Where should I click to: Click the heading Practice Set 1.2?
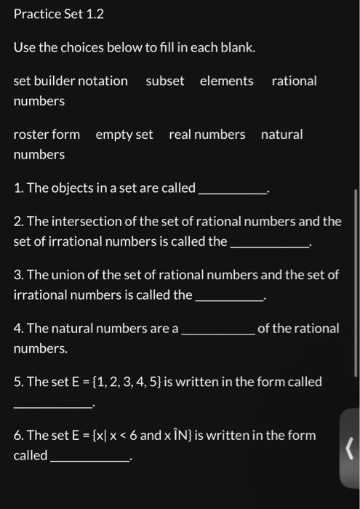(x=59, y=14)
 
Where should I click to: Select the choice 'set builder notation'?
(x=71, y=81)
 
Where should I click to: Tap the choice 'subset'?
(x=165, y=81)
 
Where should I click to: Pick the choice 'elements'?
(x=227, y=81)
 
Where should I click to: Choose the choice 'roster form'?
(x=47, y=135)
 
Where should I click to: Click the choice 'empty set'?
(x=124, y=135)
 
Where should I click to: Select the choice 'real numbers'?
(x=207, y=135)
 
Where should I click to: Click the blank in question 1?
(x=233, y=193)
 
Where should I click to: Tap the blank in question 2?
(x=269, y=247)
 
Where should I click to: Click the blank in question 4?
(x=217, y=333)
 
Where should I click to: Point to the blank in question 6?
(x=89, y=460)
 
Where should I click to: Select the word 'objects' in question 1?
(x=71, y=188)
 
